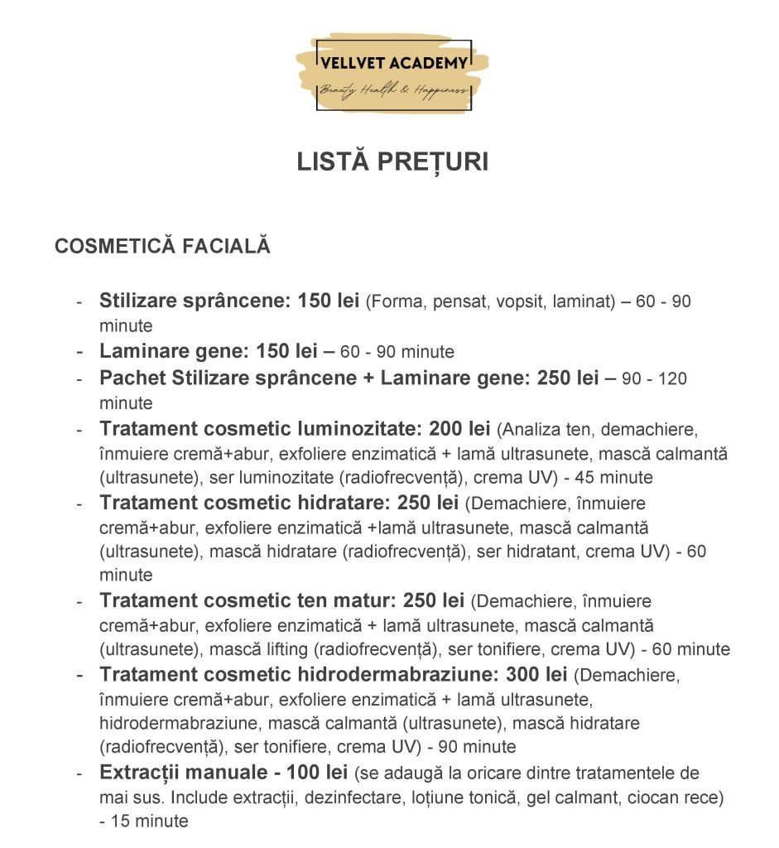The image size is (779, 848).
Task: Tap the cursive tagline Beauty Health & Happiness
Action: tap(393, 91)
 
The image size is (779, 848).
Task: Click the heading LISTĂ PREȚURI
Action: tap(392, 162)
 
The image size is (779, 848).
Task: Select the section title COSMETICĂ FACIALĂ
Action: tap(162, 247)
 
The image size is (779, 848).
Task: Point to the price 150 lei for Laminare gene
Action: tap(286, 351)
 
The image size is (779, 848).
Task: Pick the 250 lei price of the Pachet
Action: tap(568, 378)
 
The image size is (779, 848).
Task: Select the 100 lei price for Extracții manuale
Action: tap(317, 773)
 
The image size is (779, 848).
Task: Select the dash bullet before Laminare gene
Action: tap(79, 352)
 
